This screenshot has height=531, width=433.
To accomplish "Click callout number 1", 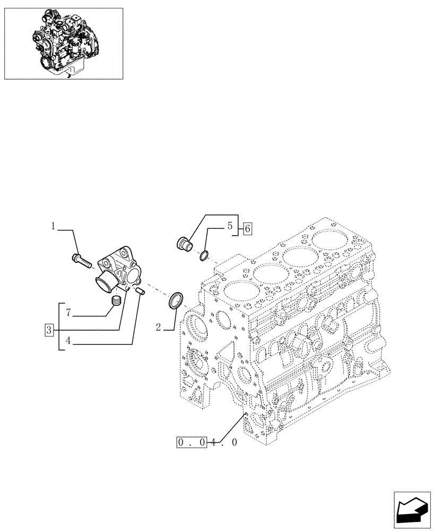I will [54, 226].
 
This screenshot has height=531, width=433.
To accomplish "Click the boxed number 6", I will [247, 229].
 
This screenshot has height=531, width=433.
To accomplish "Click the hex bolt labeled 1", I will [80, 261].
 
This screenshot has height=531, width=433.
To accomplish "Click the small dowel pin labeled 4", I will [141, 291].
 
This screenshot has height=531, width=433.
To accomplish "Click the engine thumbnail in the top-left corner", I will [63, 44].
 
